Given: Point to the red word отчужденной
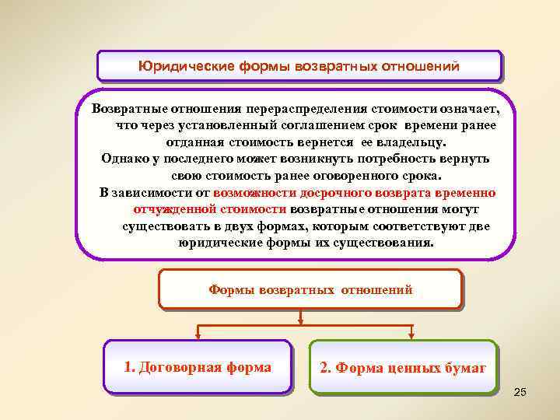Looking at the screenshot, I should pos(169,208).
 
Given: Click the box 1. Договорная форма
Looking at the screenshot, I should pos(198,368).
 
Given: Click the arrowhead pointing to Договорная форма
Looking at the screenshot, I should pos(198,336).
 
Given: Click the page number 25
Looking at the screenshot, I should pos(520,391).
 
